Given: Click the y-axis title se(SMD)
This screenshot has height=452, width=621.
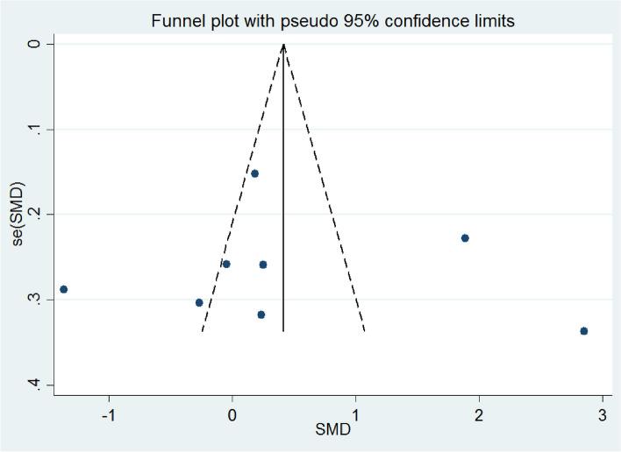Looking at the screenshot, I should [x=18, y=213].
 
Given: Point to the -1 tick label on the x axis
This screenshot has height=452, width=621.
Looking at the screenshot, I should [x=109, y=413].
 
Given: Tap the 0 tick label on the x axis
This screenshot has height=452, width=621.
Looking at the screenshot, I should [x=232, y=413].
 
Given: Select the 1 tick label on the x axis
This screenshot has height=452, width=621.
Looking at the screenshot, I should [x=356, y=413].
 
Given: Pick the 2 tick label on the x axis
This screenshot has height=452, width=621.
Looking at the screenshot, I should [x=479, y=413].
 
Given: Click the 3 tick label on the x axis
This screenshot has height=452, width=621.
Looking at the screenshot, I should [x=603, y=413].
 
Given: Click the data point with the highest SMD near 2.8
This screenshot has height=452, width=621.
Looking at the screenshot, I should [x=584, y=331].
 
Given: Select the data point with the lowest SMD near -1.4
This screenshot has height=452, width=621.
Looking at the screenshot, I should [x=63, y=289].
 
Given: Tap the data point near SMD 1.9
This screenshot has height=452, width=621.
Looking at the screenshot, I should [x=465, y=238].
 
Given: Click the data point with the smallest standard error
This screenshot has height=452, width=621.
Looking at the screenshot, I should [x=254, y=173].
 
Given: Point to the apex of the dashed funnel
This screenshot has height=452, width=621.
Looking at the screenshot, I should [x=283, y=44].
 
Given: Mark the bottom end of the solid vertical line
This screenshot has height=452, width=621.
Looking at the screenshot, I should [x=283, y=331].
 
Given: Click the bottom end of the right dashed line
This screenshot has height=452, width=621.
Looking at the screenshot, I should [x=365, y=331].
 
